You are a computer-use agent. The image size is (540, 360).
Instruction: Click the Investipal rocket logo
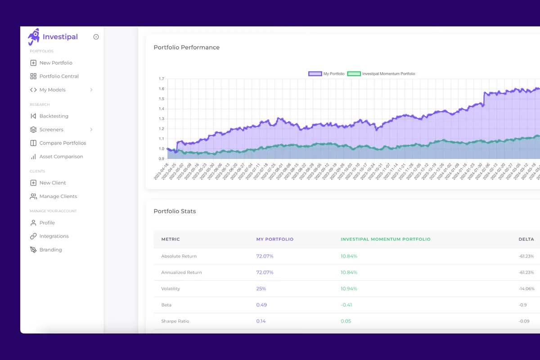[x=34, y=37]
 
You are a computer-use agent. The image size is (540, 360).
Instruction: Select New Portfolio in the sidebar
[x=55, y=63]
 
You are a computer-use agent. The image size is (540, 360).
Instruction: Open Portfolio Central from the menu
[x=58, y=76]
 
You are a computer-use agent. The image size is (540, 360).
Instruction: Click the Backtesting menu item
[x=54, y=116]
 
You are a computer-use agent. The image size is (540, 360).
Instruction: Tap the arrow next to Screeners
[x=91, y=130]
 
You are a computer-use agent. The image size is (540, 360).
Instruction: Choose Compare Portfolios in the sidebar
[x=62, y=143]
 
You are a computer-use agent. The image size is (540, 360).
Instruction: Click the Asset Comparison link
[x=61, y=157]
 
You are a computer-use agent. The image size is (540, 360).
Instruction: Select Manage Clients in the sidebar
[x=58, y=197]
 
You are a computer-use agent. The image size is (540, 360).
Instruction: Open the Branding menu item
[x=50, y=250]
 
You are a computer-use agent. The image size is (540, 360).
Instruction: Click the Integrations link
[x=54, y=236]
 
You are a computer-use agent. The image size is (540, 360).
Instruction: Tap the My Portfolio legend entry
[x=327, y=74]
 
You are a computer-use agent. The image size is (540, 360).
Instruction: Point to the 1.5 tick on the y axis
[x=162, y=99]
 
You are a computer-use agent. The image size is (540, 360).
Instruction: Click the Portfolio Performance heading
[x=187, y=48]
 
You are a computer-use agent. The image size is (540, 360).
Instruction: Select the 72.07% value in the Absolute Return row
[x=265, y=256]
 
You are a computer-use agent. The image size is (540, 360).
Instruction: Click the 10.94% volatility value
[x=349, y=289]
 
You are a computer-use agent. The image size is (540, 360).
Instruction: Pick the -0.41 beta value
[x=346, y=305]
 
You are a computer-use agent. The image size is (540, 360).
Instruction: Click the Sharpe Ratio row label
[x=175, y=321]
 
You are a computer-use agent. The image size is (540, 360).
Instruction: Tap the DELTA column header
[x=526, y=239]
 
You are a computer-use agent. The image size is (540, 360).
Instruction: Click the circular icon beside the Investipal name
[x=96, y=37]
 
